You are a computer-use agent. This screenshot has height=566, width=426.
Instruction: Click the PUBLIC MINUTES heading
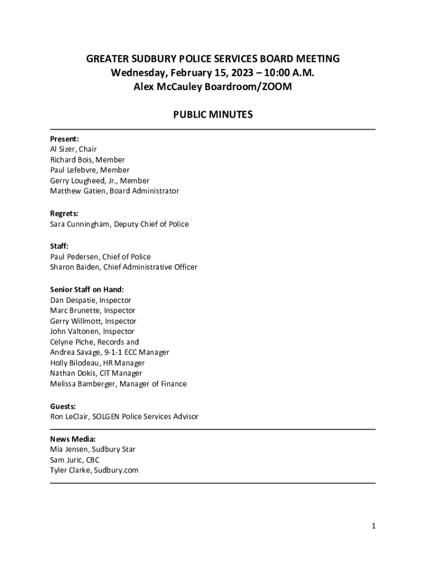click(213, 115)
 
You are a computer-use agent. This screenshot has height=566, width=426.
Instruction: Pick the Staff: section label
click(59, 246)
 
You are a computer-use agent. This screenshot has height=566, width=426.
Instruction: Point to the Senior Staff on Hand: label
click(87, 289)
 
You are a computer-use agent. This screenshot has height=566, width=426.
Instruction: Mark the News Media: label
click(72, 439)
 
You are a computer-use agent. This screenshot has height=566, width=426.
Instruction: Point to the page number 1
click(373, 526)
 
